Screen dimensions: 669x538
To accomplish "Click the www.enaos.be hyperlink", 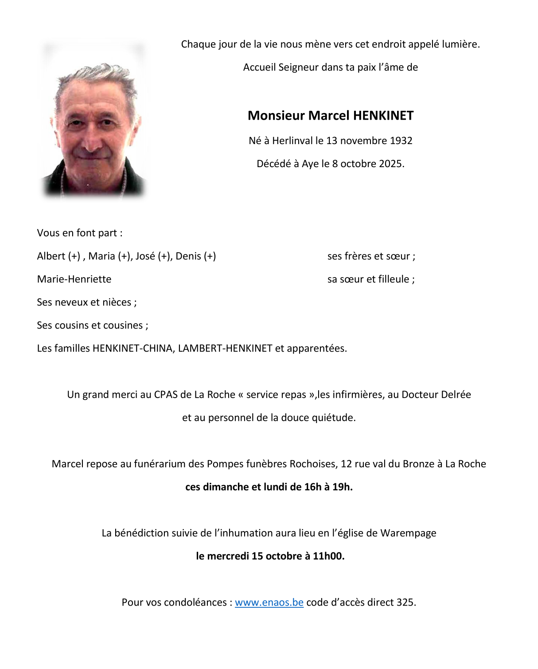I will tap(269, 602).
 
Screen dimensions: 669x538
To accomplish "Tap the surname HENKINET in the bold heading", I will tap(383, 116).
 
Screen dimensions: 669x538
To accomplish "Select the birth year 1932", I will tap(401, 141).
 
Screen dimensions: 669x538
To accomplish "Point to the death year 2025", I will tap(390, 164).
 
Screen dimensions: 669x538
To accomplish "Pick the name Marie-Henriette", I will tap(74, 279).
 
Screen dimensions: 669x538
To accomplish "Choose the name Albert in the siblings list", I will tap(51, 256).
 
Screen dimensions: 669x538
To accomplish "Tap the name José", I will tap(145, 256).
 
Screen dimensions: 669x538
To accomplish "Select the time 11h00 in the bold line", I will tap(328, 556).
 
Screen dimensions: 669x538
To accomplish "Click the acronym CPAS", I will tap(166, 395).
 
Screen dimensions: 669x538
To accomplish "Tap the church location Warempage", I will tap(408, 533).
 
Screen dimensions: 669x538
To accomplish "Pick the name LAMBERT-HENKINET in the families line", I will tap(225, 348).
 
